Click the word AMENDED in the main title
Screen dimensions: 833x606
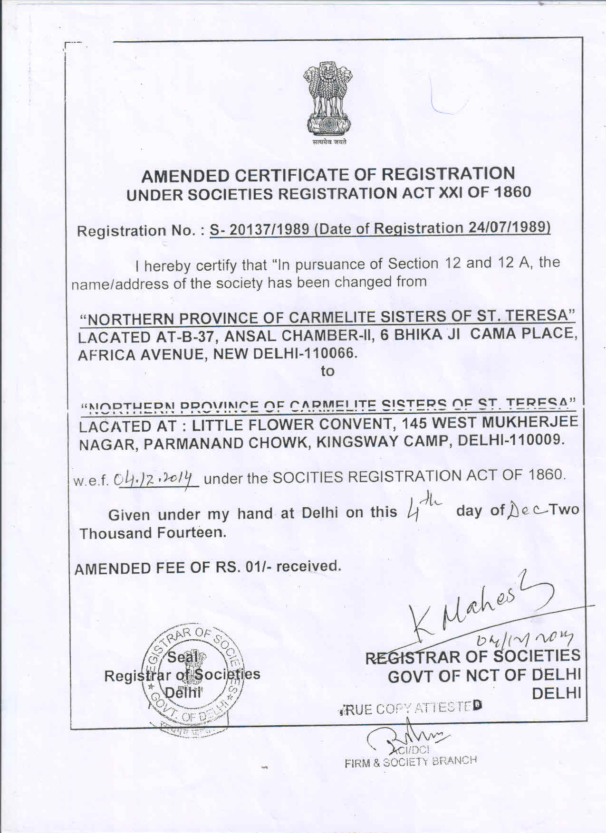[185, 176]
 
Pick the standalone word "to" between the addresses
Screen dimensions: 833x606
[327, 371]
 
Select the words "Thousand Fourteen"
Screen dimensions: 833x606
[152, 533]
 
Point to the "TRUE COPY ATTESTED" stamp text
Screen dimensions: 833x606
[412, 708]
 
